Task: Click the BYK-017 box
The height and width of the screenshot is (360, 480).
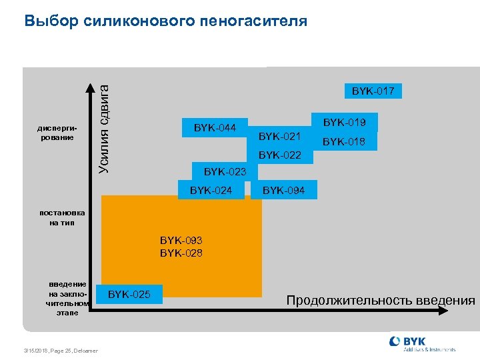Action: click(x=373, y=90)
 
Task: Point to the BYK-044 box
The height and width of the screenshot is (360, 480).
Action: click(x=215, y=127)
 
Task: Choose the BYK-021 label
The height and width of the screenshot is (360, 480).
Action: click(x=280, y=137)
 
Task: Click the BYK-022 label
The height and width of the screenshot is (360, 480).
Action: click(x=280, y=155)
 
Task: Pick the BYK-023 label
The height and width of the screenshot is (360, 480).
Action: click(x=225, y=172)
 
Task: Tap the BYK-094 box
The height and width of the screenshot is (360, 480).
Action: click(x=284, y=191)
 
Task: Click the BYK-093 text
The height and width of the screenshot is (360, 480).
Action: click(x=181, y=240)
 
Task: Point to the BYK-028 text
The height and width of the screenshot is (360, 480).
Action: click(x=181, y=253)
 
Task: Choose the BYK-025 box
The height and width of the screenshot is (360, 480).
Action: click(x=129, y=294)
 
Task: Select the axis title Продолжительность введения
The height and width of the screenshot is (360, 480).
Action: click(x=381, y=300)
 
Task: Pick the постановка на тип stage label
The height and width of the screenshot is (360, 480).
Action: click(x=62, y=217)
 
